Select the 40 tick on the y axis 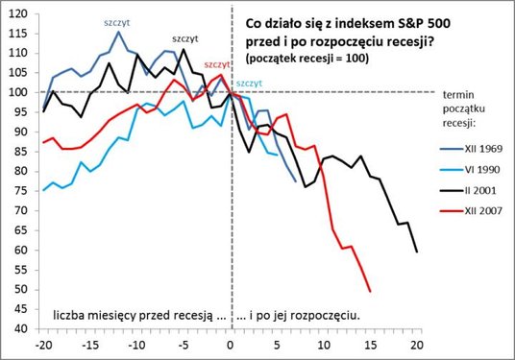point(18,328)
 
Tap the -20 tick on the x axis point(43,344)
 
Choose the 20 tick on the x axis point(417,344)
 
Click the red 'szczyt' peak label point(217,64)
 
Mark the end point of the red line point(370,291)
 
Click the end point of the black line point(417,252)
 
